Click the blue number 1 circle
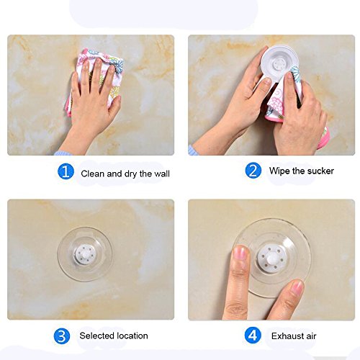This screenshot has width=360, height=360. [66, 171]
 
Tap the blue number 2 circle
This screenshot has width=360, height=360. [253, 170]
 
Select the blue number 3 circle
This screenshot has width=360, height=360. [62, 336]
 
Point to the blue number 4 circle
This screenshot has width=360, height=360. [253, 336]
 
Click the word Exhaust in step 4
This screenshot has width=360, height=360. [287, 336]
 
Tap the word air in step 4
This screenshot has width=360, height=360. [311, 336]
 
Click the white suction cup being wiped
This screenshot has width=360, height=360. [280, 63]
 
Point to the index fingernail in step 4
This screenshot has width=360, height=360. [240, 253]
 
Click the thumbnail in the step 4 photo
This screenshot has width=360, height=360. [297, 286]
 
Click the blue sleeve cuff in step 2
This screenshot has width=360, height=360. [192, 150]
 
